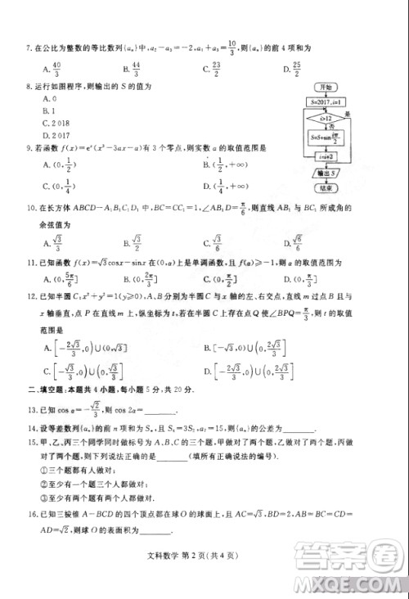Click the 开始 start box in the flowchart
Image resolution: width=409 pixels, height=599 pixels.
[326, 88]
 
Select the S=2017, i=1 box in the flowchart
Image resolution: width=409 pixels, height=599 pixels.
[326, 102]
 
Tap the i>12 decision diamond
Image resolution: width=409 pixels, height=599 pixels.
[326, 119]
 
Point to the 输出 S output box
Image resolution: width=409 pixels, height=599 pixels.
[326, 173]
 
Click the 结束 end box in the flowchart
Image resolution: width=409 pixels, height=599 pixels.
[326, 187]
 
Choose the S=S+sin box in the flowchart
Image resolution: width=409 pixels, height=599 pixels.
[326, 138]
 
